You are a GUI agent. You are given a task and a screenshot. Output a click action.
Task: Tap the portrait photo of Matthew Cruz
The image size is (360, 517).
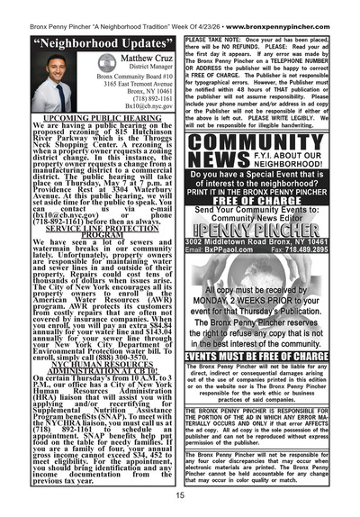[52, 84]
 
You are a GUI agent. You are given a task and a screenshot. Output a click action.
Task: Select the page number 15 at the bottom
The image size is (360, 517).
[181, 494]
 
